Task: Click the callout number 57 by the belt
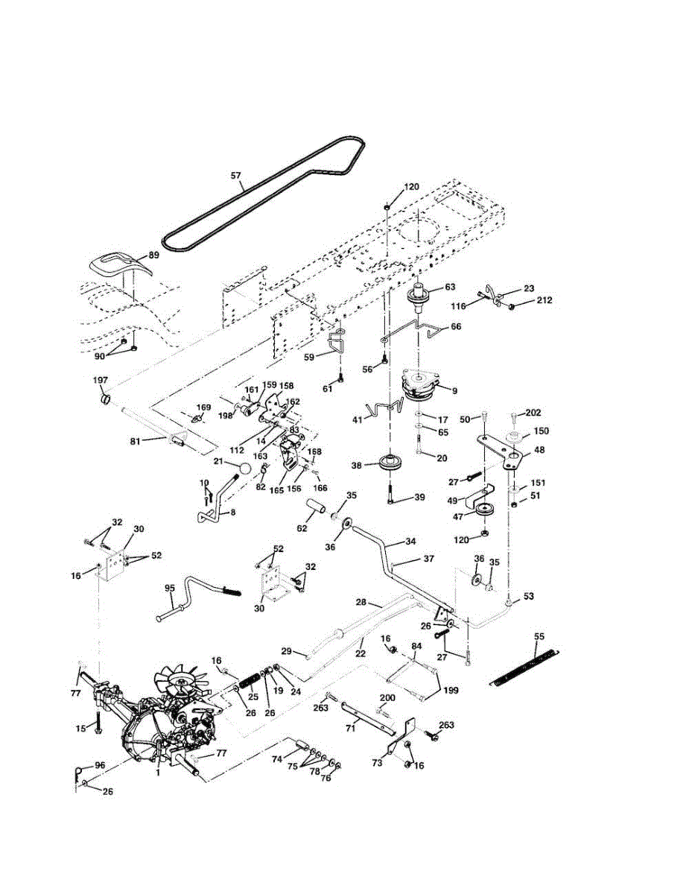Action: pyautogui.click(x=235, y=177)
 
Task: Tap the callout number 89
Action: pyautogui.click(x=153, y=255)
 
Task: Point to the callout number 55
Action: pyautogui.click(x=539, y=636)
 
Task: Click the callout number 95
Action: pyautogui.click(x=169, y=589)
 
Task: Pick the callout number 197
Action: pyautogui.click(x=100, y=381)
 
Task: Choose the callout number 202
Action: pyautogui.click(x=533, y=413)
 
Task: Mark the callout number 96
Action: pyautogui.click(x=100, y=765)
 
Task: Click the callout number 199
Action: pyautogui.click(x=451, y=691)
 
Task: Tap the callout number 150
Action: pyautogui.click(x=541, y=431)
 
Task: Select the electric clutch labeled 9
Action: pyautogui.click(x=419, y=386)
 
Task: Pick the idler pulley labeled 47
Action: pyautogui.click(x=488, y=512)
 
